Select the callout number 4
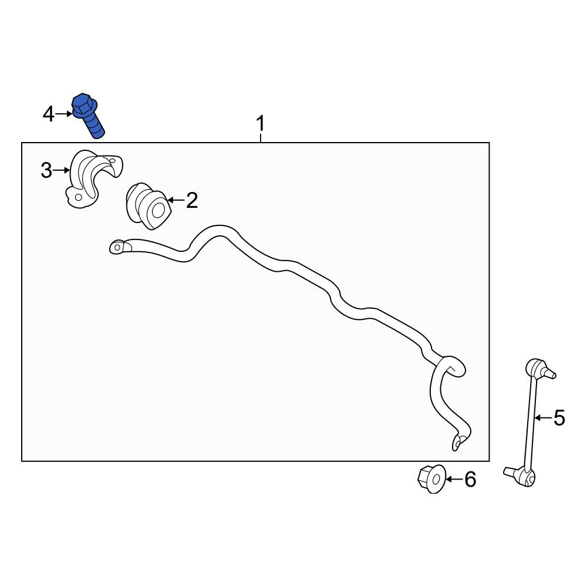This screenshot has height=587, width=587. [49, 114]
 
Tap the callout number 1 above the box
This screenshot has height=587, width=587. [261, 123]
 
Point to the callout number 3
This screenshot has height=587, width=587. [46, 171]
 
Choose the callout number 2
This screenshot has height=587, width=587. [192, 200]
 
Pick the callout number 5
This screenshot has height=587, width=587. [559, 418]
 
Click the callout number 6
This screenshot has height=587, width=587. [470, 480]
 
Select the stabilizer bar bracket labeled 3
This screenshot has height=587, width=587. [93, 179]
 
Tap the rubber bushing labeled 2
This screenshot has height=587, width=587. [149, 206]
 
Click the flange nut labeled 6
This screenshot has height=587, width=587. [431, 479]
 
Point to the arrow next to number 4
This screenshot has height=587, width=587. [63, 114]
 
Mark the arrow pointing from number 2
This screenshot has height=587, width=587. [176, 200]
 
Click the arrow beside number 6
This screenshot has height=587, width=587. [454, 479]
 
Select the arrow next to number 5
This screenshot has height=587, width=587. [543, 417]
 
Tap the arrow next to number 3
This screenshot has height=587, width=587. [62, 170]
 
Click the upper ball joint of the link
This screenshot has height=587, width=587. [539, 369]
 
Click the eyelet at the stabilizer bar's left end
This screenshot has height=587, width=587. [120, 247]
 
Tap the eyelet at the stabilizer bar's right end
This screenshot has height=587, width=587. [459, 442]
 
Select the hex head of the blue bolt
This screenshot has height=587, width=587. [83, 104]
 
